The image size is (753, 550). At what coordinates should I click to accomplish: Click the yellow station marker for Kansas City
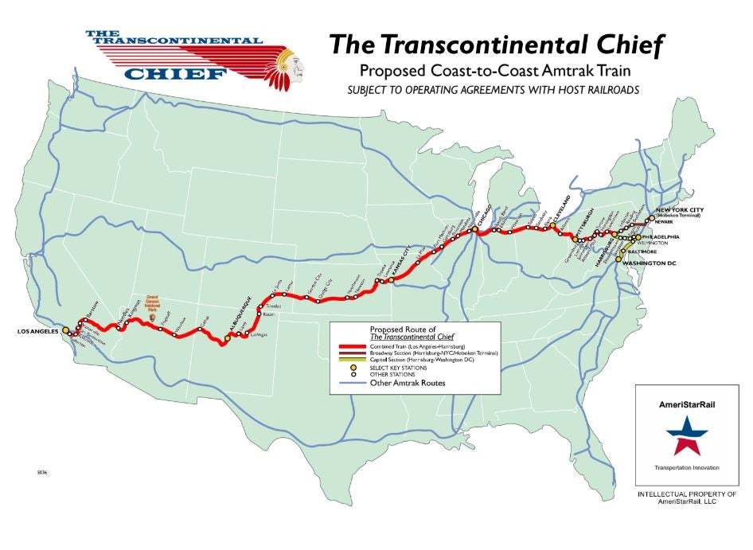coord(391,280)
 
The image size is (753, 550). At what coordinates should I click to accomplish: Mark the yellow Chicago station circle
coord(472,229)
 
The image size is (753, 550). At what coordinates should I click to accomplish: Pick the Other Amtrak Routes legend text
coord(407,384)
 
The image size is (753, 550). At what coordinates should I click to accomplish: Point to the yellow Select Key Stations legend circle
coord(352,368)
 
